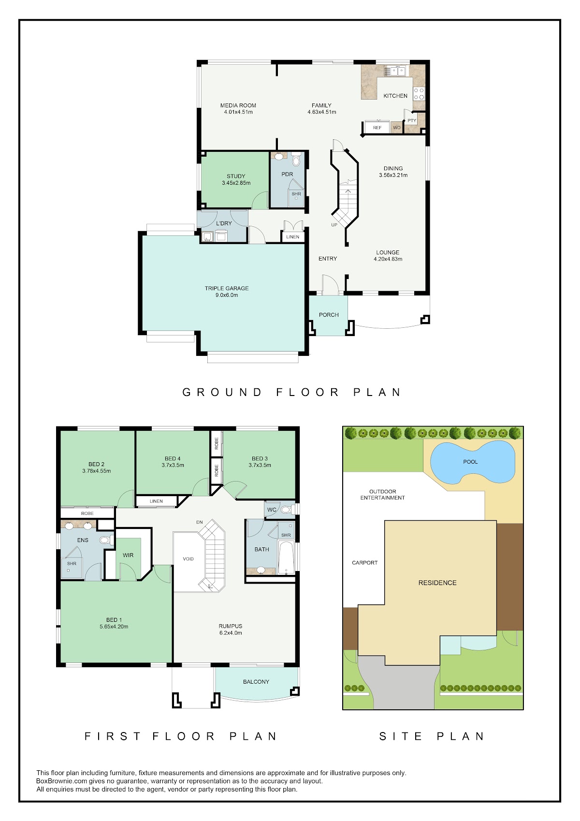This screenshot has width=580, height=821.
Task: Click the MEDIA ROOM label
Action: pyautogui.click(x=238, y=105)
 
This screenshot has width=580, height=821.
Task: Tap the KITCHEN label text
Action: pyautogui.click(x=395, y=96)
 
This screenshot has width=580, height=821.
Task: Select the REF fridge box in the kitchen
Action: pyautogui.click(x=377, y=127)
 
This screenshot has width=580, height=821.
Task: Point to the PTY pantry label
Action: pyautogui.click(x=412, y=120)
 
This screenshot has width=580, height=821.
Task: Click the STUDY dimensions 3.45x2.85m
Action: pyautogui.click(x=236, y=183)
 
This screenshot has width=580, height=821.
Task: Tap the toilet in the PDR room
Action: pyautogui.click(x=296, y=161)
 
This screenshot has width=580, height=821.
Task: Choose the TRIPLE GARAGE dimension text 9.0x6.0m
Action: pyautogui.click(x=227, y=295)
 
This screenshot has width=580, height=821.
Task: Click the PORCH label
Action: pyautogui.click(x=329, y=315)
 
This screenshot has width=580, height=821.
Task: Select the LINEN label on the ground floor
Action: pyautogui.click(x=293, y=237)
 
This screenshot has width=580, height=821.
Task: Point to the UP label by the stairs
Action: pyautogui.click(x=334, y=225)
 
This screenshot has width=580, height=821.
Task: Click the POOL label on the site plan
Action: pyautogui.click(x=470, y=462)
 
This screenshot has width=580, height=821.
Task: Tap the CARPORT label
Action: pyautogui.click(x=364, y=563)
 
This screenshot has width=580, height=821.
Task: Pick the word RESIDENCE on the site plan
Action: pyautogui.click(x=437, y=583)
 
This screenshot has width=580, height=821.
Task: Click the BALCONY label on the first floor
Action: pyautogui.click(x=256, y=682)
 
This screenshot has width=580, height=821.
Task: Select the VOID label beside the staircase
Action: pyautogui.click(x=188, y=559)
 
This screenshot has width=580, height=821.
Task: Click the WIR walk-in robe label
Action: pyautogui.click(x=128, y=555)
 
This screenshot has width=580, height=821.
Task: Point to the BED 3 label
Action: pyautogui.click(x=260, y=458)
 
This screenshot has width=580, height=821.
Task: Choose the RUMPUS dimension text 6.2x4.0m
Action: pyautogui.click(x=231, y=632)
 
